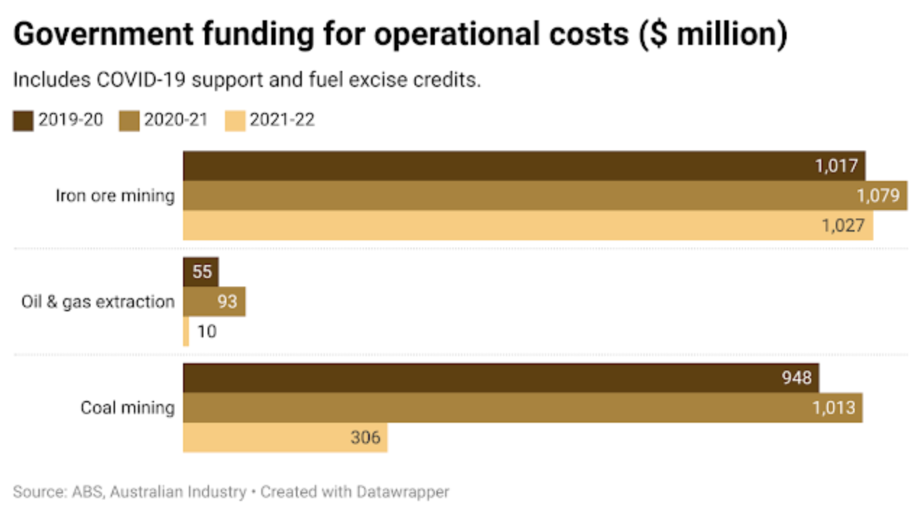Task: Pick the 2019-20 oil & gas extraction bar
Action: point(200,272)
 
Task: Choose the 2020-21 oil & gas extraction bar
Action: point(214,302)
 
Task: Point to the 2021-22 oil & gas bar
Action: point(186,331)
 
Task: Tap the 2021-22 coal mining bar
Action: point(285,438)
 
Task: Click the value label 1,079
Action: point(878,196)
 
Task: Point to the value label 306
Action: point(366,438)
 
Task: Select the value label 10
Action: point(206,331)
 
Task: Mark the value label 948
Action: point(796,379)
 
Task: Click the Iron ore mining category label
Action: point(115,195)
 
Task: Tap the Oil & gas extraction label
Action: point(98,302)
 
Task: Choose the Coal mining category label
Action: point(127,408)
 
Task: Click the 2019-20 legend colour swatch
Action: point(23,121)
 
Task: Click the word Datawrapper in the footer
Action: point(402,492)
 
